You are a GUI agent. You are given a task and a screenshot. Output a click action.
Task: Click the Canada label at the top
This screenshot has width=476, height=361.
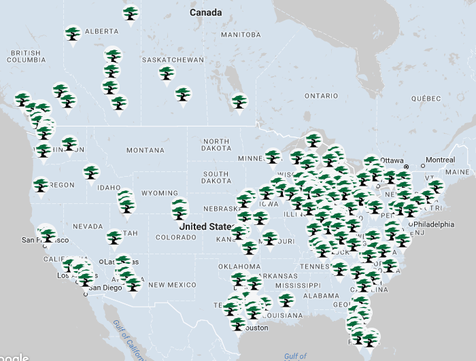coord(205,13)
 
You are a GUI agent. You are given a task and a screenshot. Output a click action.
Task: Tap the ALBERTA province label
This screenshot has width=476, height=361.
coord(102,31)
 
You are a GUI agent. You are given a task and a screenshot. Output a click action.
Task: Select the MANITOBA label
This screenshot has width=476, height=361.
coord(241,35)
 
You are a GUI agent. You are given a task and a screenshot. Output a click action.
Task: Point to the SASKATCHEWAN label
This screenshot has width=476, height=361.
coord(173,60)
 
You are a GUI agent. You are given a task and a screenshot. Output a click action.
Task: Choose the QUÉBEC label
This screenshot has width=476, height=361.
coord(426,99)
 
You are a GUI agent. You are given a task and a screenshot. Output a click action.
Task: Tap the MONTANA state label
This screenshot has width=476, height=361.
coord(145,150)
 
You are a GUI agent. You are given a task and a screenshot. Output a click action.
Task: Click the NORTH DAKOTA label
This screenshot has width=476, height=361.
coord(216,145)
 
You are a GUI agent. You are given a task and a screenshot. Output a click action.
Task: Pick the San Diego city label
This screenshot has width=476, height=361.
coord(104,288)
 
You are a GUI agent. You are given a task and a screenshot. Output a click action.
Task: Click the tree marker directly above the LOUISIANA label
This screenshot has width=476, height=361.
coord(286,300)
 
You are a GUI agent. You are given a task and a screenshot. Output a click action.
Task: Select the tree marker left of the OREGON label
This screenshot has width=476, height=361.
coord(41,185)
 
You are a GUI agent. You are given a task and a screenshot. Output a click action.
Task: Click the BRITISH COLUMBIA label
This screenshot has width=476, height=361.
coord(27,56)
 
